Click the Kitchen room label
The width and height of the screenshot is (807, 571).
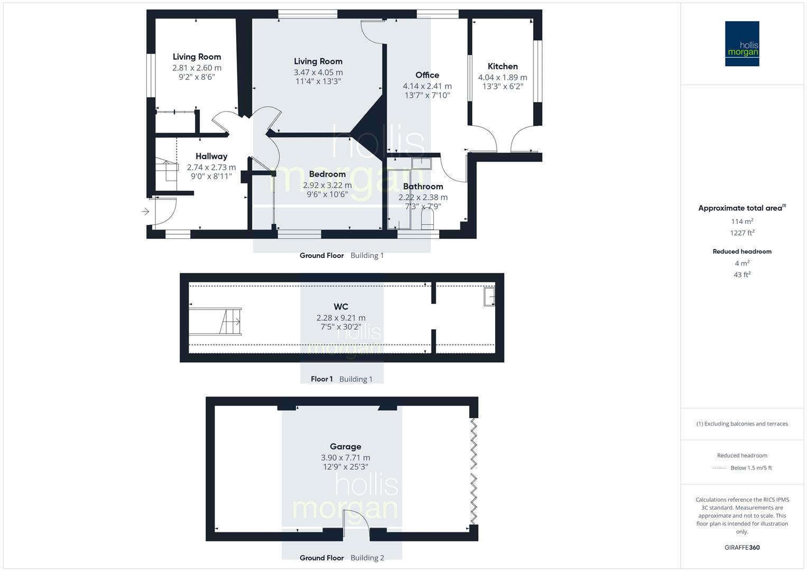point(503,66)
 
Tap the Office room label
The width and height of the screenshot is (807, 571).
point(427,75)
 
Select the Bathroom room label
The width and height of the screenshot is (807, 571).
point(423,186)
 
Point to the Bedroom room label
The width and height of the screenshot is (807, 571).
point(327,174)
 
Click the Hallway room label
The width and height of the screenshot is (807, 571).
point(211,156)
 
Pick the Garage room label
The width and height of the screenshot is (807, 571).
point(346,447)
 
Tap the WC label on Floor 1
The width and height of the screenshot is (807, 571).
point(341,307)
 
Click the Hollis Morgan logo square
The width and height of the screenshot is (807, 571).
point(742,43)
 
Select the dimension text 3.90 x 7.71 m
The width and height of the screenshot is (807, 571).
point(346,458)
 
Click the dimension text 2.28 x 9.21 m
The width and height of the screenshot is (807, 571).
point(341,318)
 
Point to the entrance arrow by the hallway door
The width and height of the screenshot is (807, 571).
point(145,211)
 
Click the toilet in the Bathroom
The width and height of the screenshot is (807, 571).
point(427,218)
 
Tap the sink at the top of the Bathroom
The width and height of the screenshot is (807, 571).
point(422,163)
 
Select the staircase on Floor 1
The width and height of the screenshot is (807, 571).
point(215,321)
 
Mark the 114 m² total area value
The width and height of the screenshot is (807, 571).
point(742,222)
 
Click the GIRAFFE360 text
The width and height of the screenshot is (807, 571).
point(742,548)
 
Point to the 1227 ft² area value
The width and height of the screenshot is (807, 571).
point(742,233)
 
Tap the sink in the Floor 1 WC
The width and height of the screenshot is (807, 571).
point(489,297)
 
